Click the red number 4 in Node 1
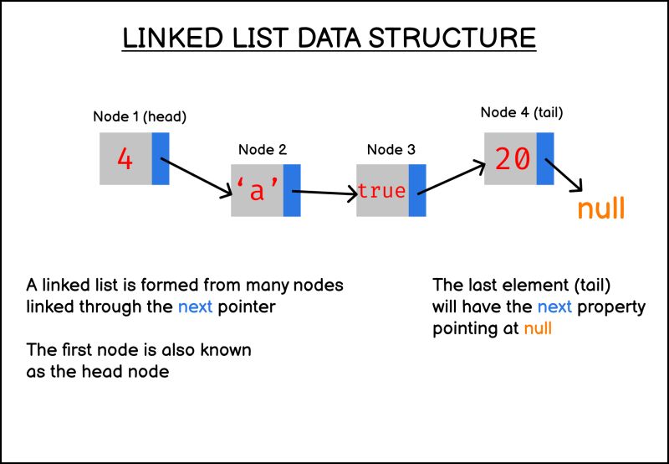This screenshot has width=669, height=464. point(125,159)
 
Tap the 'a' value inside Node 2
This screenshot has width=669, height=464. point(257,191)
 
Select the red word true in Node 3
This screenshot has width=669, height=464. point(381,191)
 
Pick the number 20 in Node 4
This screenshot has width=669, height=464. point(512,159)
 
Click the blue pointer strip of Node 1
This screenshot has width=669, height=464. point(161,158)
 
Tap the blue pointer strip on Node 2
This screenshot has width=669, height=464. point(292,191)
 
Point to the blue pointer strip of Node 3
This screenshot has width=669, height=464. point(417,191)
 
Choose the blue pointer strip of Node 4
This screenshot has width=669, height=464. point(545,159)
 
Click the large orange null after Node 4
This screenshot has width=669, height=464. point(600,208)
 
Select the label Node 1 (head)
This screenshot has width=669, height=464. point(139,117)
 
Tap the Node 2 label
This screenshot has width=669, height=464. point(263,150)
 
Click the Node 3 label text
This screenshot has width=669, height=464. point(391,150)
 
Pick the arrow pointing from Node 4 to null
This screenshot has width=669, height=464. point(568,177)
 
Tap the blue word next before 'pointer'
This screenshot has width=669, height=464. point(196,307)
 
